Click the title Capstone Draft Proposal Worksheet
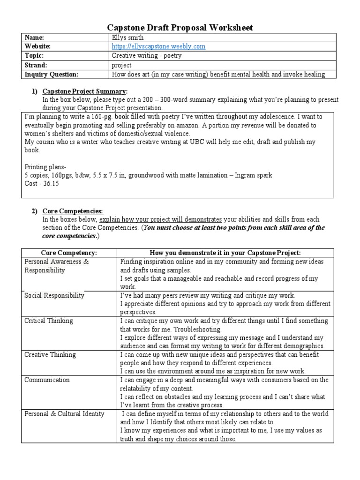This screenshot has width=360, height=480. (x=180, y=28)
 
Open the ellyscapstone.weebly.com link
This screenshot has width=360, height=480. (x=158, y=46)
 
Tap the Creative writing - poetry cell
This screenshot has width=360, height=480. (x=146, y=56)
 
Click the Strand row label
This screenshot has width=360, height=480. (x=38, y=65)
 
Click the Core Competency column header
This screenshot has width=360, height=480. (x=68, y=253)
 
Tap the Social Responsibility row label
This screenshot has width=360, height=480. (x=54, y=295)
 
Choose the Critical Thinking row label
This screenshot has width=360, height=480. (x=48, y=321)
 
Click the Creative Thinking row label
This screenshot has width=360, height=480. (x=50, y=354)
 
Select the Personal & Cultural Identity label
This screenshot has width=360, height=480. (x=64, y=414)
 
